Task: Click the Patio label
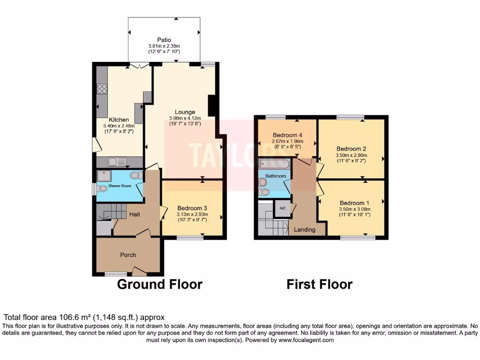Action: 164,40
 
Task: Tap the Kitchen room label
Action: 119,120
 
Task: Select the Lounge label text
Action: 185,112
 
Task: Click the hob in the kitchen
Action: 102,88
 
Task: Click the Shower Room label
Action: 120,186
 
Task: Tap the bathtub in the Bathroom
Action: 274,164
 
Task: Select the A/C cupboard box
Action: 283,208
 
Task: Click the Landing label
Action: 304,230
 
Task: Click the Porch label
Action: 128,255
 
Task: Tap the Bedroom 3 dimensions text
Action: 192,217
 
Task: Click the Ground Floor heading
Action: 159,284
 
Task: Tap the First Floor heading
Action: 320,284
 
